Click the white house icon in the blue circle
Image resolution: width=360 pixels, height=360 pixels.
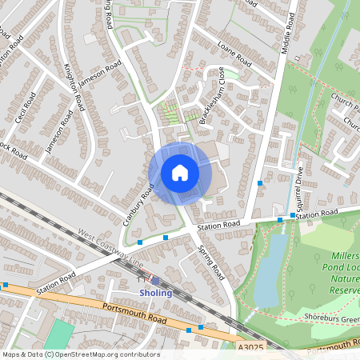pyautogui.click(x=180, y=173)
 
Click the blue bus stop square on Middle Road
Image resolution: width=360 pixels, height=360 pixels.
pyautogui.click(x=260, y=184)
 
